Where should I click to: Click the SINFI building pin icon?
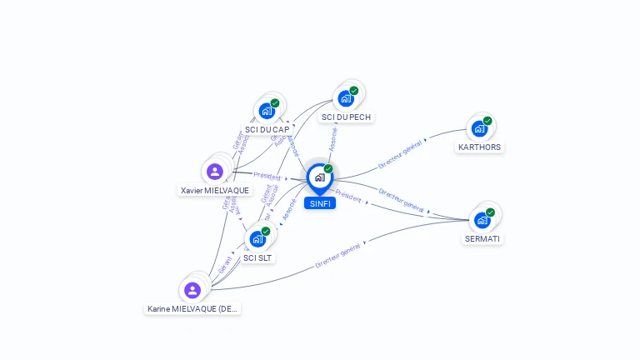[319, 177]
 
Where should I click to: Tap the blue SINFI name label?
[319, 203]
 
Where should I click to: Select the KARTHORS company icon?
[479, 128]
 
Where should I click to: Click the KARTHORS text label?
[480, 147]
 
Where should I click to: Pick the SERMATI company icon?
[482, 220]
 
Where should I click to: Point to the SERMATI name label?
[483, 239]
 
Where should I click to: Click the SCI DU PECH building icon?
[345, 98]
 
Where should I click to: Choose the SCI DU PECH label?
[346, 117]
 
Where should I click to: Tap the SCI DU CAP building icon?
[267, 111]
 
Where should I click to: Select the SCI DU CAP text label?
[267, 130]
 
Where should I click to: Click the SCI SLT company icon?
[257, 239]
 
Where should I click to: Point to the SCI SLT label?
[258, 258]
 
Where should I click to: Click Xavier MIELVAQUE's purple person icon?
[215, 172]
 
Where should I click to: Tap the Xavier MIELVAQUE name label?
[215, 191]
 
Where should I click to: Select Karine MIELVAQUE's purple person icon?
[192, 290]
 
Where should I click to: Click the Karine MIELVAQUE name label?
[192, 309]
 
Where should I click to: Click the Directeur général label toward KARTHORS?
[400, 154]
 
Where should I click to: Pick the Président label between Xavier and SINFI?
[267, 176]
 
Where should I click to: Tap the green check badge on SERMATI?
[490, 212]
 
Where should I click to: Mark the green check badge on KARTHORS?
[487, 121]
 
